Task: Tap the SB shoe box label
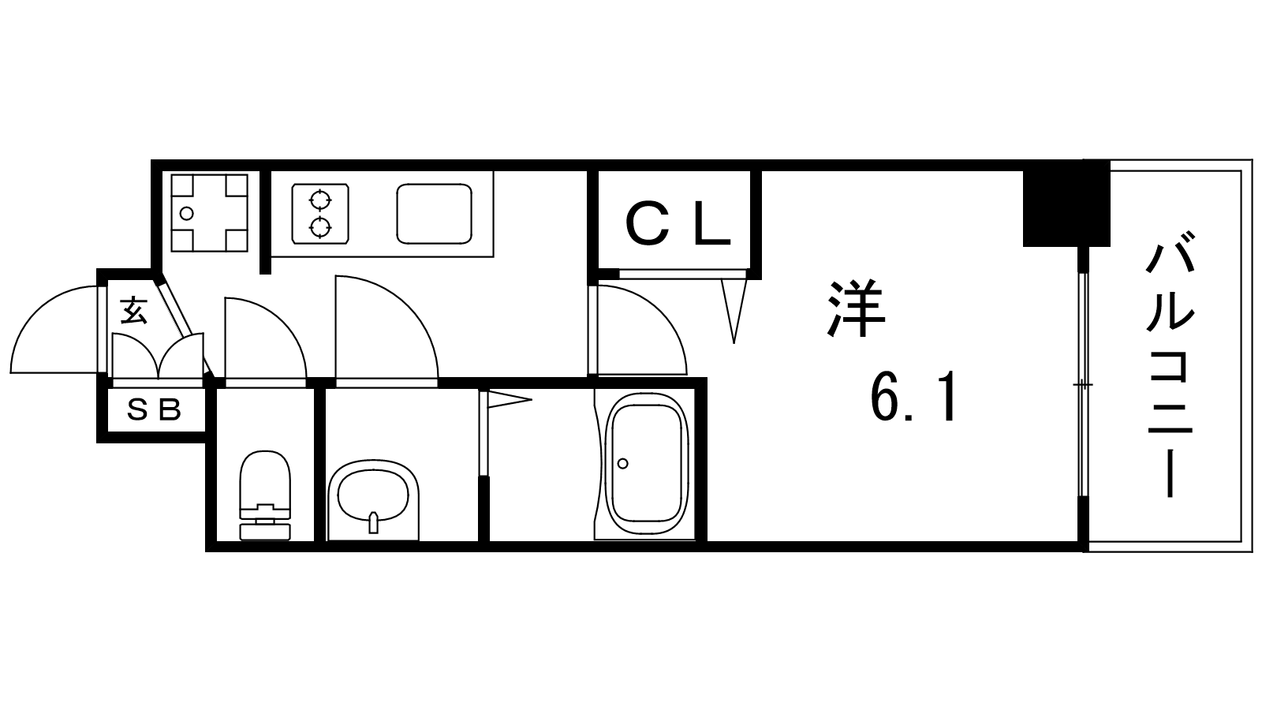click(x=154, y=409)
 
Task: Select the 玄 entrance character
click(x=134, y=310)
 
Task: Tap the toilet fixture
click(x=265, y=496)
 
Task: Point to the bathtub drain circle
click(x=622, y=464)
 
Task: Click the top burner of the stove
click(x=320, y=199)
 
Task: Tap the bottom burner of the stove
click(x=320, y=228)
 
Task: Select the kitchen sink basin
click(x=435, y=214)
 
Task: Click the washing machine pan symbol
click(x=210, y=213)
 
